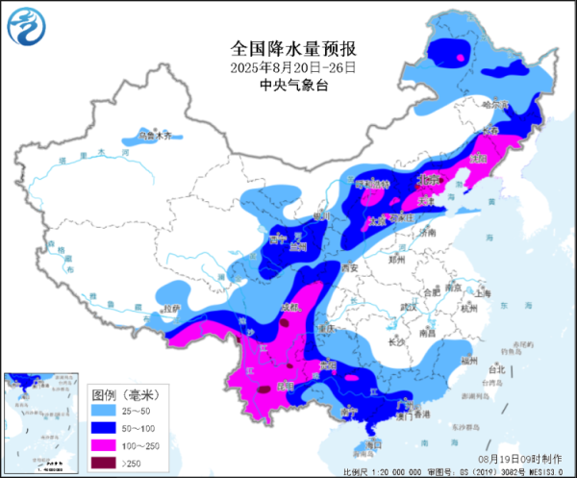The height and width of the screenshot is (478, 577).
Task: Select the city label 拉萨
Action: [x=171, y=309]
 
